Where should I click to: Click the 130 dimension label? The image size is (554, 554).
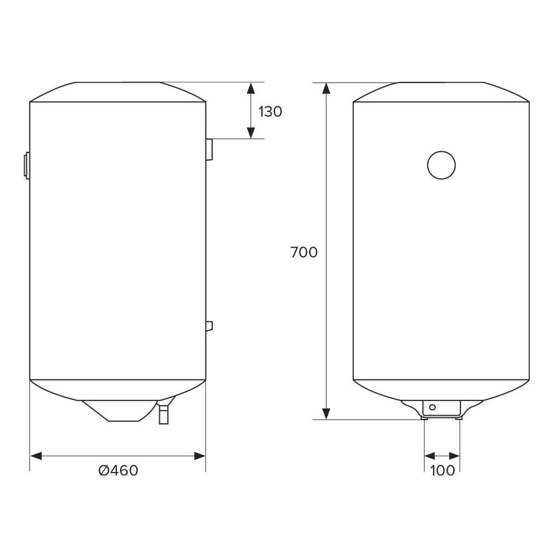(x=270, y=112)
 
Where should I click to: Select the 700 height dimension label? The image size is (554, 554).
(x=304, y=252)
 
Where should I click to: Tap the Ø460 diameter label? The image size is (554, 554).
(x=119, y=470)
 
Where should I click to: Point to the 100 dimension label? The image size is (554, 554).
(x=442, y=470)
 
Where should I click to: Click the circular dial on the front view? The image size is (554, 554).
(x=442, y=165)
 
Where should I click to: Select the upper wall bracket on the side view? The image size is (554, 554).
(x=209, y=149)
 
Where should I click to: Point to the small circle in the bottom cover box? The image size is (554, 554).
(x=433, y=407)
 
